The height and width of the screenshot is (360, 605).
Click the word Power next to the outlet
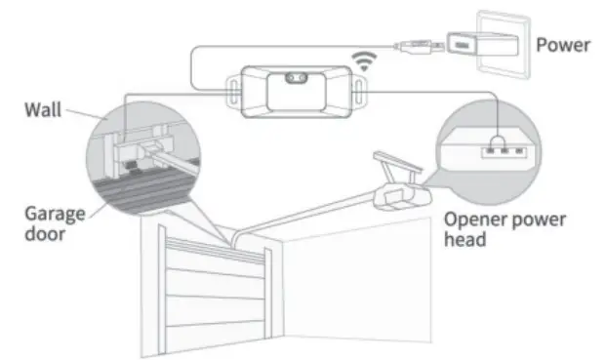point(563,44)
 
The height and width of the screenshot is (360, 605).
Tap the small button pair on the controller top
point(295,78)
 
